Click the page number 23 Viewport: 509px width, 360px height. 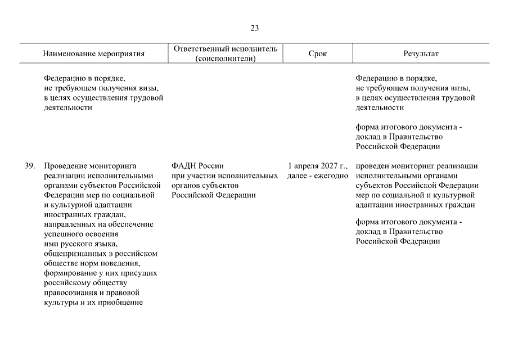(x=255, y=28)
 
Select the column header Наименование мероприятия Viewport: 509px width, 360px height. (x=94, y=54)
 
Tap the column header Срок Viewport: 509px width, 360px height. (x=317, y=54)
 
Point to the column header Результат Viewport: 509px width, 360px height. (x=421, y=54)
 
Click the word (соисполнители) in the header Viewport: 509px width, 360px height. (x=226, y=58)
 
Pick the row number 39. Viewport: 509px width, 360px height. (x=30, y=166)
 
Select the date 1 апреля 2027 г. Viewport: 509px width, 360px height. (x=318, y=166)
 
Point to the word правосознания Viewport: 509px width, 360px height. (x=70, y=293)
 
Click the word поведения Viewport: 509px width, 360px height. (x=125, y=263)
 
